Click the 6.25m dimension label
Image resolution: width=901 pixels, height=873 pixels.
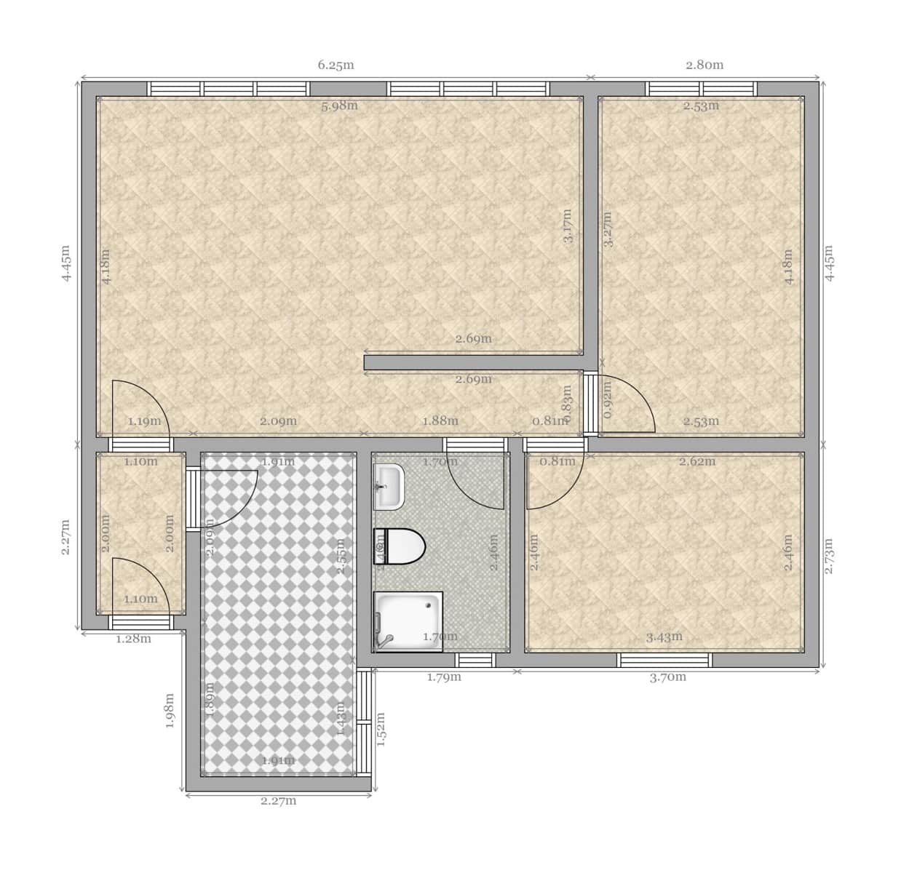tap(336, 65)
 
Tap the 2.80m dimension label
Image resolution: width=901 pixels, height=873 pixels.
tap(704, 65)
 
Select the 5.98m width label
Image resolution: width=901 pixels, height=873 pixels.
tap(339, 106)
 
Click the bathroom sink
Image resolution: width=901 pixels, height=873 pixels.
tap(389, 487)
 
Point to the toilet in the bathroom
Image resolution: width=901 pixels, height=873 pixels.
tap(400, 546)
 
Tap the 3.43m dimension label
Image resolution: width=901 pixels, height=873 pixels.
tap(664, 637)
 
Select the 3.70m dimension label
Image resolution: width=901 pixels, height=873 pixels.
tap(667, 677)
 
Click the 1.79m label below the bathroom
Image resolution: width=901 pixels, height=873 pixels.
tap(443, 677)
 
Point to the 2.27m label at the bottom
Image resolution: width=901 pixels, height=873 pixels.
tap(278, 801)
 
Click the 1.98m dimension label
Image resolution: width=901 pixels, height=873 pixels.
tap(170, 709)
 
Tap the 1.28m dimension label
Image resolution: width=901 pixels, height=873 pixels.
tap(133, 639)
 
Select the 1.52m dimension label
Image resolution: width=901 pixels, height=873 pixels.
tap(381, 729)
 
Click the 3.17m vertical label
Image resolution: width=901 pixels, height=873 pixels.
tap(568, 226)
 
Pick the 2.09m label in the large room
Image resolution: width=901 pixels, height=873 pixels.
tap(278, 421)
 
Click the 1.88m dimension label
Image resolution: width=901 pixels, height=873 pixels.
tap(440, 421)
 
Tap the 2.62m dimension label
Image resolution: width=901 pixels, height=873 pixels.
tap(696, 461)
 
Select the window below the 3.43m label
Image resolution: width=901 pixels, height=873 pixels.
tap(663, 660)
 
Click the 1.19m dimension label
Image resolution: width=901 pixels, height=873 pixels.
tap(143, 421)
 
